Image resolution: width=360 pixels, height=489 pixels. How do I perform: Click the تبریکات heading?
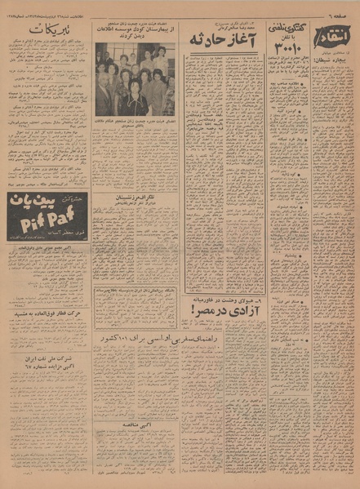point(47,32)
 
